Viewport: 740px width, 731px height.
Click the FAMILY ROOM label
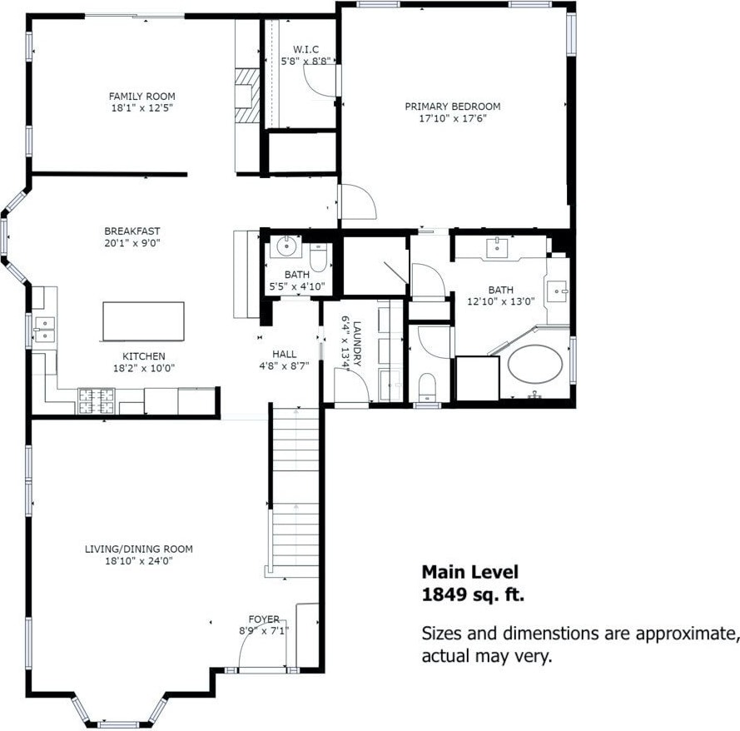(142, 97)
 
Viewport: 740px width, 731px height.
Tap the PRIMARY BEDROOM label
(453, 107)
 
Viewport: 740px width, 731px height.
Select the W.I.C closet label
(305, 50)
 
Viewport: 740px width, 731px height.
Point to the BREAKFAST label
(132, 231)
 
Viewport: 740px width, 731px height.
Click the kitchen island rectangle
(143, 321)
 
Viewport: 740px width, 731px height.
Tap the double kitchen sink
(45, 330)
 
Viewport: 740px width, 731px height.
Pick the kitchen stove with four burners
(97, 401)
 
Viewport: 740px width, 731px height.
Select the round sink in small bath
(286, 246)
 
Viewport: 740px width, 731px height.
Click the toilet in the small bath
(318, 257)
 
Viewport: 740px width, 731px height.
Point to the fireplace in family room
(247, 96)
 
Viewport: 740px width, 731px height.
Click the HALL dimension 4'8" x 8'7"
(284, 365)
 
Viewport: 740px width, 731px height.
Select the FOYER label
(264, 619)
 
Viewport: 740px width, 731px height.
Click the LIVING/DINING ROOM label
(139, 549)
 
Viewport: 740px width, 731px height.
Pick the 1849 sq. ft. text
(473, 595)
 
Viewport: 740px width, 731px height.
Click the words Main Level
(470, 572)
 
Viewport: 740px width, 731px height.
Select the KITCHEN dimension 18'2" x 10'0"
(144, 368)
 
